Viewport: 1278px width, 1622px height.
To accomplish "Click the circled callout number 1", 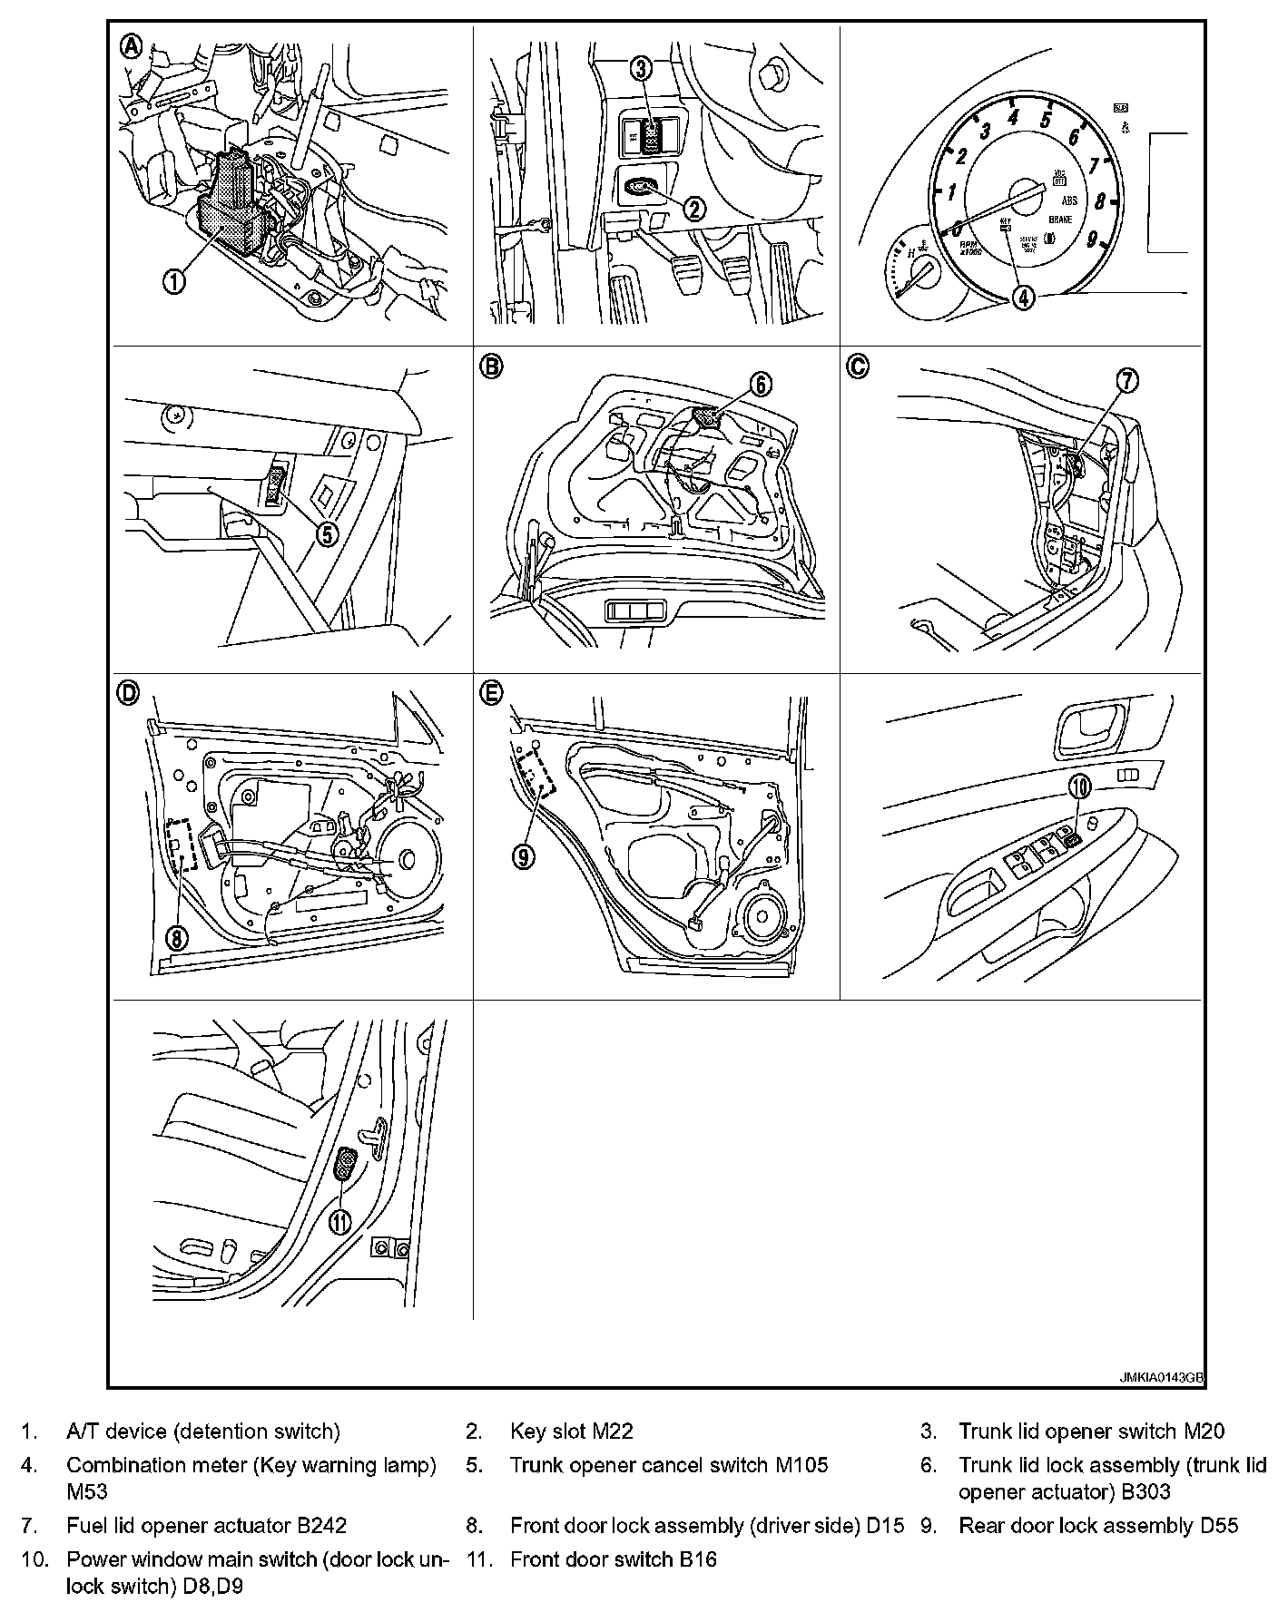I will (173, 280).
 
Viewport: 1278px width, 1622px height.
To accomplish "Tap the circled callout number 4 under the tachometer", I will (1023, 297).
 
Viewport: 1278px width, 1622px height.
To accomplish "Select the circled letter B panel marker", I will (490, 366).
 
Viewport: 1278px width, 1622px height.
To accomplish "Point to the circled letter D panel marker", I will (128, 693).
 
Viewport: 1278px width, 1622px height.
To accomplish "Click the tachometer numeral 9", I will (1092, 239).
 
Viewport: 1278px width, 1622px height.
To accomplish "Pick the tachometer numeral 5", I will (1046, 119).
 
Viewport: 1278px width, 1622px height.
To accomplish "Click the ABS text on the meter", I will (1069, 201).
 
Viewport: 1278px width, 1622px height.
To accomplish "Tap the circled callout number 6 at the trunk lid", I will (761, 385).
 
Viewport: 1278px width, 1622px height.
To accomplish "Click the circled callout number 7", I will (1126, 382).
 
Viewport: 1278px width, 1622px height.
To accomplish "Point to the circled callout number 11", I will (340, 1222).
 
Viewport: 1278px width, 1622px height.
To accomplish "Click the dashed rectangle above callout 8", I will (182, 845).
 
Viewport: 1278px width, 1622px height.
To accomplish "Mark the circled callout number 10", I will (1078, 787).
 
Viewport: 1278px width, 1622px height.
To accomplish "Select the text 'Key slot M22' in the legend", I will (572, 1431).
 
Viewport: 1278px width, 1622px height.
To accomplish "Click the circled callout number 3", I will (642, 67).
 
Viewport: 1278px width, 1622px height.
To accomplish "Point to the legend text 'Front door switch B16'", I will (614, 1559).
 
